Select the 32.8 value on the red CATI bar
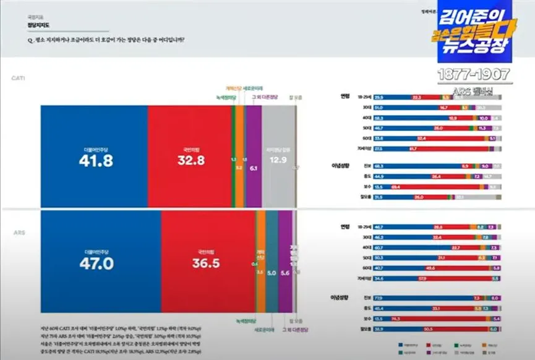click(x=190, y=161)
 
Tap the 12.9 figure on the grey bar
click(x=278, y=160)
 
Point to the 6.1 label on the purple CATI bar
click(x=254, y=168)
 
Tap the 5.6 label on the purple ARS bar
click(x=285, y=272)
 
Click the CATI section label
click(x=17, y=79)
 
